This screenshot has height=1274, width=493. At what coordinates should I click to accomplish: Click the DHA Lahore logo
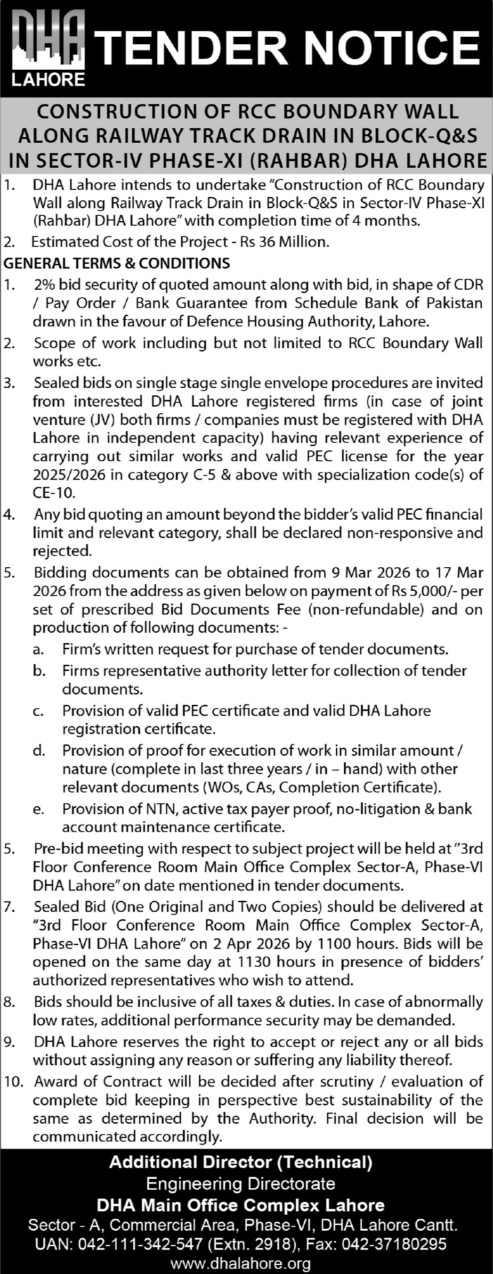click(48, 49)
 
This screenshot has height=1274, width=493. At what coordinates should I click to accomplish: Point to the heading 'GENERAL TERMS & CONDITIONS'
click(117, 262)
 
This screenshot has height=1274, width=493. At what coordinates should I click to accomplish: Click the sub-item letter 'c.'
click(39, 711)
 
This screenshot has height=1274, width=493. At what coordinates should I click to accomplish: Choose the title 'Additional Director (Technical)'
click(241, 1162)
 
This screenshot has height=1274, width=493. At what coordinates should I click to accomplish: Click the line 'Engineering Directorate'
click(241, 1184)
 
